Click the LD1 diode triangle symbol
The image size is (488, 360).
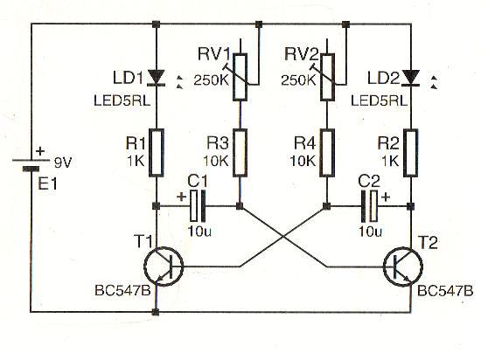pyautogui.click(x=157, y=77)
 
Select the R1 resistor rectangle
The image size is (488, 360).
pyautogui.click(x=157, y=153)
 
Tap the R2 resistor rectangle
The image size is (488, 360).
pyautogui.click(x=411, y=153)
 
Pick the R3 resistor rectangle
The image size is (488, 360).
pyautogui.click(x=240, y=153)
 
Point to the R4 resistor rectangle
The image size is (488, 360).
pyautogui.click(x=327, y=153)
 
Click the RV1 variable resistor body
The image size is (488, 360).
pyautogui.click(x=240, y=77)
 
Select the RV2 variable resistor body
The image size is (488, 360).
pyautogui.click(x=327, y=77)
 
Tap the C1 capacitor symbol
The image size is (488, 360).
pyautogui.click(x=198, y=206)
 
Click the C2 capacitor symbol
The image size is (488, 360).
pyautogui.click(x=369, y=206)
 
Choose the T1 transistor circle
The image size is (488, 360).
pyautogui.click(x=164, y=267)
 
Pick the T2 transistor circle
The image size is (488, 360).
pyautogui.click(x=403, y=267)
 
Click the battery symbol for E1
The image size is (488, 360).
pyautogui.click(x=31, y=165)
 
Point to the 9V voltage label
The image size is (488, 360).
pyautogui.click(x=63, y=163)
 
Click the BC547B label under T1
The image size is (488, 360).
pyautogui.click(x=122, y=291)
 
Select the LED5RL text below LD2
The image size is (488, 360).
pyautogui.click(x=379, y=100)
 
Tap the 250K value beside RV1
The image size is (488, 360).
pyautogui.click(x=212, y=80)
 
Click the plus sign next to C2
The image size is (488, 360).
pyautogui.click(x=386, y=197)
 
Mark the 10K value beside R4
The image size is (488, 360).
pyautogui.click(x=302, y=161)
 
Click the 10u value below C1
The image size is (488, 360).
pyautogui.click(x=199, y=231)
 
